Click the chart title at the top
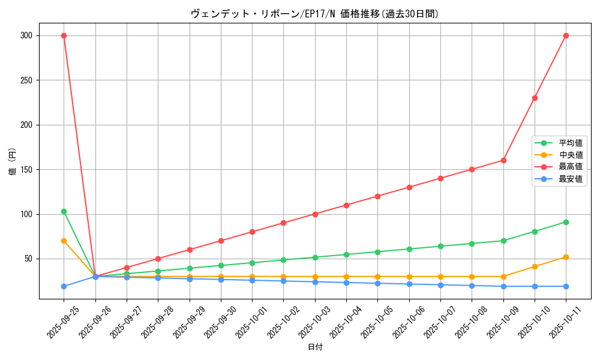(314, 14)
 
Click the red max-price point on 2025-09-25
(64, 35)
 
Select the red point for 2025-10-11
(566, 35)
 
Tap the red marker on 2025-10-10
(535, 98)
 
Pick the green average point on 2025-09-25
(64, 211)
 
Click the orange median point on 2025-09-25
(64, 241)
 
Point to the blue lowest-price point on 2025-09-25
(64, 286)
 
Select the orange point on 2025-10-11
(566, 257)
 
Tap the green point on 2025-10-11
(566, 222)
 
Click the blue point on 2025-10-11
(566, 286)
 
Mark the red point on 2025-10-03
(315, 214)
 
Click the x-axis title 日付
(315, 347)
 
